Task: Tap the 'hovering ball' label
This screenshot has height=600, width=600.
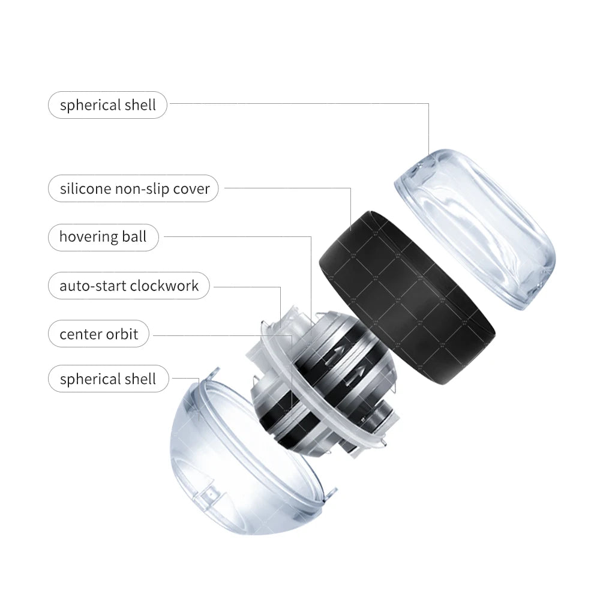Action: point(103,236)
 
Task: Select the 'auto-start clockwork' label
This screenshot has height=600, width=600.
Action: point(128,285)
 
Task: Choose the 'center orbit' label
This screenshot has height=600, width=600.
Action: point(98,334)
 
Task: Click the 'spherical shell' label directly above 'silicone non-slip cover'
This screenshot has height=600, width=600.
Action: point(107,105)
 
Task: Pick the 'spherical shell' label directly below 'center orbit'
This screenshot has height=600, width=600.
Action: point(107,379)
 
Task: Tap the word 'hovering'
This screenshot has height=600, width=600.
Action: point(88,236)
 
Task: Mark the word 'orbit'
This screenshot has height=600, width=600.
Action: point(122,334)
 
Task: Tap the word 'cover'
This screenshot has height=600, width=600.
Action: point(191,188)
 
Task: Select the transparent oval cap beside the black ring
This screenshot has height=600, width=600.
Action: point(474,228)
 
